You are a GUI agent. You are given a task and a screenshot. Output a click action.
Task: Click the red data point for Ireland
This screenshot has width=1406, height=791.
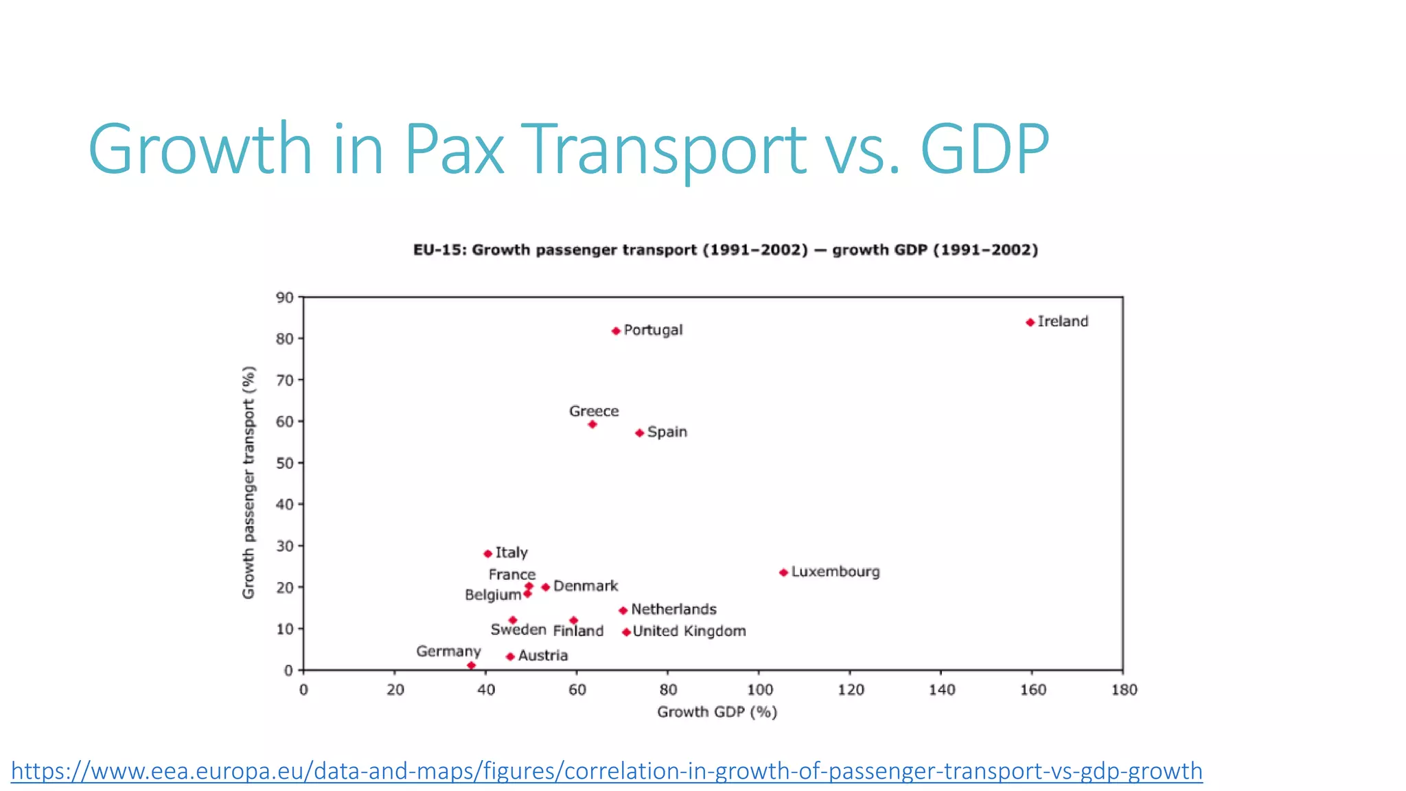(1030, 322)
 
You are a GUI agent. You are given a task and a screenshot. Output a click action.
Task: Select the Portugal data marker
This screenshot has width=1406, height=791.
(616, 331)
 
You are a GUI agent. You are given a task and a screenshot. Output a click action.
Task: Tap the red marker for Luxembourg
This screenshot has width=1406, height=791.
(783, 573)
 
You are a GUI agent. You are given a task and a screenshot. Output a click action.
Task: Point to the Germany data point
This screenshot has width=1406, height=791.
(471, 665)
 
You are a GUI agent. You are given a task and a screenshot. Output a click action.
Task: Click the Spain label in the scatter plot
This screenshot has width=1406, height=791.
(667, 432)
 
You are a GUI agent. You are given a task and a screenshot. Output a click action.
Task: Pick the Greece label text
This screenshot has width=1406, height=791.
(594, 411)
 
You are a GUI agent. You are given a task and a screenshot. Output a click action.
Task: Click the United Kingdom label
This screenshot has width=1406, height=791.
(689, 631)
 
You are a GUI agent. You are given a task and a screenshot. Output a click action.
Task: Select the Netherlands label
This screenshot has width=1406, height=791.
(673, 609)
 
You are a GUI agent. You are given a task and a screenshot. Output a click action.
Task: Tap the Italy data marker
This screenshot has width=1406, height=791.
(487, 553)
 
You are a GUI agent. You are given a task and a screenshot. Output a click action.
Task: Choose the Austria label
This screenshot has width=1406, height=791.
(542, 656)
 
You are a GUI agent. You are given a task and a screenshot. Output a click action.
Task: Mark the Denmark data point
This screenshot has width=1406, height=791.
(546, 587)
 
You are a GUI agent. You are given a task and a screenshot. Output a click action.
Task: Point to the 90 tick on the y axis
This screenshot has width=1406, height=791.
(284, 298)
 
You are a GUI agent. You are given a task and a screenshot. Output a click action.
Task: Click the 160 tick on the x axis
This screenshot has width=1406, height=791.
(1033, 689)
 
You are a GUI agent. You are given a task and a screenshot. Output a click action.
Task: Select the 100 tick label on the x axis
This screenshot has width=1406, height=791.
(759, 689)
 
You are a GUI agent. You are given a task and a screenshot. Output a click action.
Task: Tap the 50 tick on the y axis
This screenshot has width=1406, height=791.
(284, 463)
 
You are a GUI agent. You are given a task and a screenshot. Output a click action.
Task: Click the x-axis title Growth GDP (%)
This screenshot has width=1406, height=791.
(717, 712)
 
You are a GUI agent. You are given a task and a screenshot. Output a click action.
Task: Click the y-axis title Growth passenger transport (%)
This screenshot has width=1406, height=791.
(249, 482)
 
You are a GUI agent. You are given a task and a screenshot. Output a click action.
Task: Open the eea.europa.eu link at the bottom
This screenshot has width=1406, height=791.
(606, 770)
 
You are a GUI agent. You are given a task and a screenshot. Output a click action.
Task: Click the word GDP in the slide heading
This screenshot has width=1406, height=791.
(984, 149)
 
